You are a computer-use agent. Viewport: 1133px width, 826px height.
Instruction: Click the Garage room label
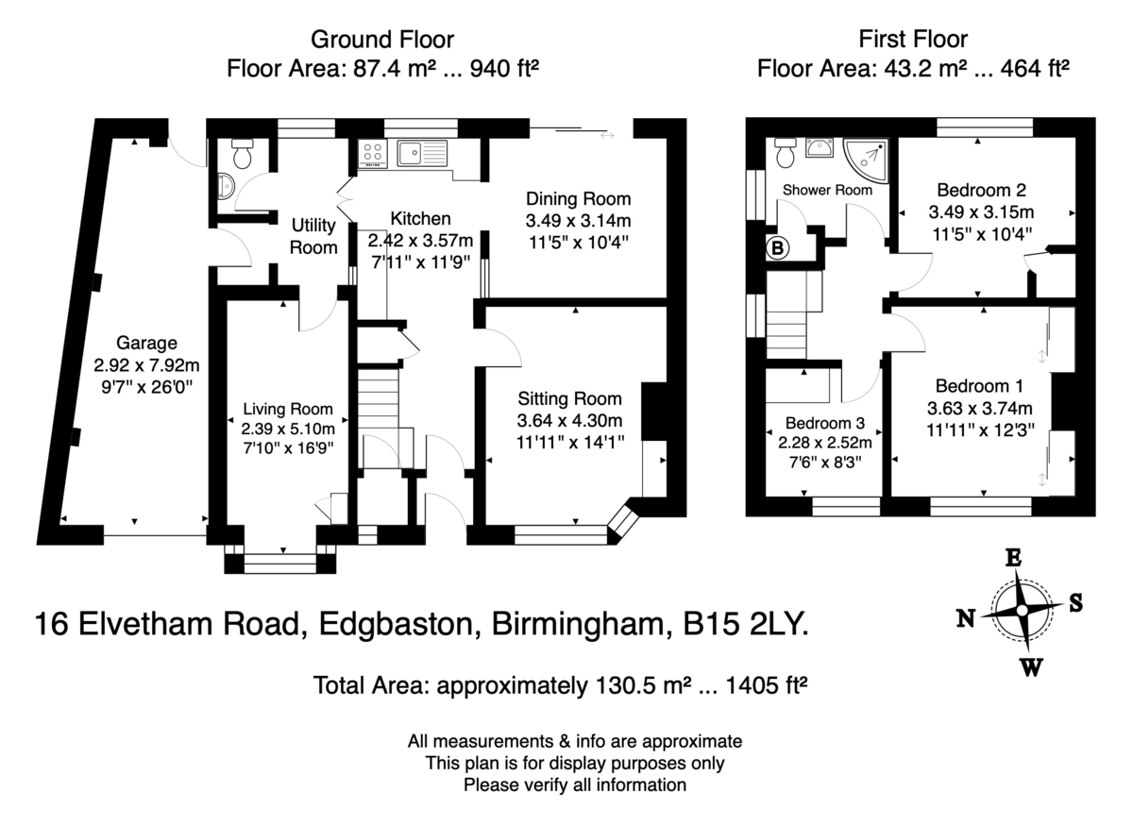pyautogui.click(x=146, y=343)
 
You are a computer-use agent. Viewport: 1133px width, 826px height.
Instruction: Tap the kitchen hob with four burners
pyautogui.click(x=373, y=153)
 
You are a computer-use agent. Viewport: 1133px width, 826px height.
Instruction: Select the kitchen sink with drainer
pyautogui.click(x=422, y=153)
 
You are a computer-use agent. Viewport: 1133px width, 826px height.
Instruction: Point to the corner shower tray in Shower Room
pyautogui.click(x=866, y=160)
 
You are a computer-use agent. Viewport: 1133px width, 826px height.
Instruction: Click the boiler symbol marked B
pyautogui.click(x=777, y=248)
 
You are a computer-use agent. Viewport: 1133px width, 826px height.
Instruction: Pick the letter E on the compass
pyautogui.click(x=1012, y=558)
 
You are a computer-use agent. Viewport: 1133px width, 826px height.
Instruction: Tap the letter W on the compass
pyautogui.click(x=1031, y=667)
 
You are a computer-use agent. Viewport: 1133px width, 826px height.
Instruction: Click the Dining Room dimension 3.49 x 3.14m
pyautogui.click(x=578, y=221)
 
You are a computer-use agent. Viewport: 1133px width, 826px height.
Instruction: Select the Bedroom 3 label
pyautogui.click(x=825, y=422)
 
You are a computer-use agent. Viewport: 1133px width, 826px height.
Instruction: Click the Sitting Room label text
pyautogui.click(x=569, y=398)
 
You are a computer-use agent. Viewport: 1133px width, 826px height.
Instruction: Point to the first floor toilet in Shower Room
pyautogui.click(x=785, y=152)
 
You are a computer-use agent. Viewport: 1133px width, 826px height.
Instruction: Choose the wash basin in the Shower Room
pyautogui.click(x=820, y=148)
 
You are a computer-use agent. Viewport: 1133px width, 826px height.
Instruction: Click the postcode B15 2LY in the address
pyautogui.click(x=746, y=623)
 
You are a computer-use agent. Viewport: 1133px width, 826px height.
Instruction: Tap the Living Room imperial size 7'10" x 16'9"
pyautogui.click(x=288, y=447)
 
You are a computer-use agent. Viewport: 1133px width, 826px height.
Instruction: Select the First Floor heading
pyautogui.click(x=913, y=39)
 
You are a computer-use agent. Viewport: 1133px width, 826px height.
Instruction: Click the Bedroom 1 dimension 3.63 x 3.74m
pyautogui.click(x=980, y=408)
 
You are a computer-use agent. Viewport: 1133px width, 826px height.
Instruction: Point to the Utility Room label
pyautogui.click(x=313, y=236)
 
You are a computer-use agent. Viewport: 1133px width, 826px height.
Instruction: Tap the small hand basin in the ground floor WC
pyautogui.click(x=226, y=186)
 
